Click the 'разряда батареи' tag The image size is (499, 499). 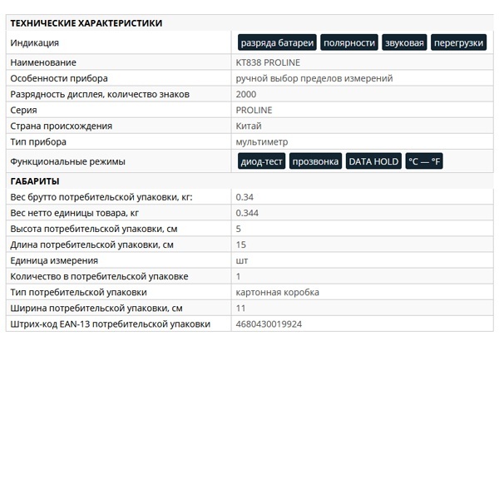(x=277, y=42)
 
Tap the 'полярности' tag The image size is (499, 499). (x=349, y=42)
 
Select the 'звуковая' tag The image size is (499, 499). (x=404, y=42)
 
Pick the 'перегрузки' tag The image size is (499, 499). (x=458, y=42)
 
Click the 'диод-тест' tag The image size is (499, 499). (x=261, y=161)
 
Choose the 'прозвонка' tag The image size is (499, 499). (x=316, y=161)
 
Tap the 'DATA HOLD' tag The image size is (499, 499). (x=373, y=161)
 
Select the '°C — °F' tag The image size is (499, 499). (x=424, y=161)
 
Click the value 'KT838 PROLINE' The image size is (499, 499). (x=268, y=62)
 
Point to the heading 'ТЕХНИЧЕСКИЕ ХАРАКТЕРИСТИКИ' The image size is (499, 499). (x=86, y=23)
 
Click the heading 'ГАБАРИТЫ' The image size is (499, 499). (x=34, y=180)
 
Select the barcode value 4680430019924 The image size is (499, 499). (x=269, y=324)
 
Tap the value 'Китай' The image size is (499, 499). (x=249, y=126)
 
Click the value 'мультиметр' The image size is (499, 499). (x=262, y=141)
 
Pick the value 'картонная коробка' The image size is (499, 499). (x=277, y=292)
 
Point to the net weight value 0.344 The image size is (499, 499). (x=248, y=213)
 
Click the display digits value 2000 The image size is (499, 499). (x=246, y=94)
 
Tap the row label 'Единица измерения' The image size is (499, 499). (x=54, y=260)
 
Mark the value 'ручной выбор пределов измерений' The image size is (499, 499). (x=314, y=78)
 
